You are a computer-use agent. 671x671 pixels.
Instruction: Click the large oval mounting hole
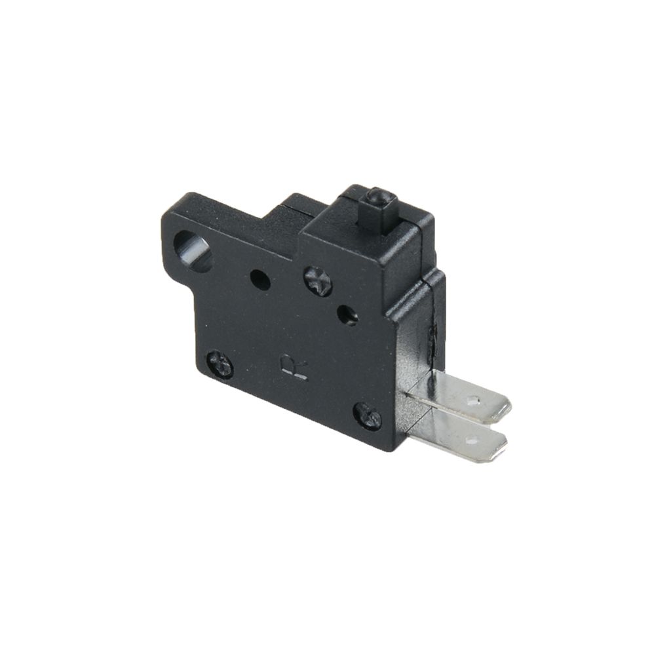193,252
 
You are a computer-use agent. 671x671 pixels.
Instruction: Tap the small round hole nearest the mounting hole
260,280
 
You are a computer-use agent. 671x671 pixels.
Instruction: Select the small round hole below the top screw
348,315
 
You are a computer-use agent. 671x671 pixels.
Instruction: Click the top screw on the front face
318,281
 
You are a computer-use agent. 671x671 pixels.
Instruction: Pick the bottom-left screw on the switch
220,365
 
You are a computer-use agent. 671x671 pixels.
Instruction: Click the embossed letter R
294,367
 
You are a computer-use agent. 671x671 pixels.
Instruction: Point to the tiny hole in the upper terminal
473,402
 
